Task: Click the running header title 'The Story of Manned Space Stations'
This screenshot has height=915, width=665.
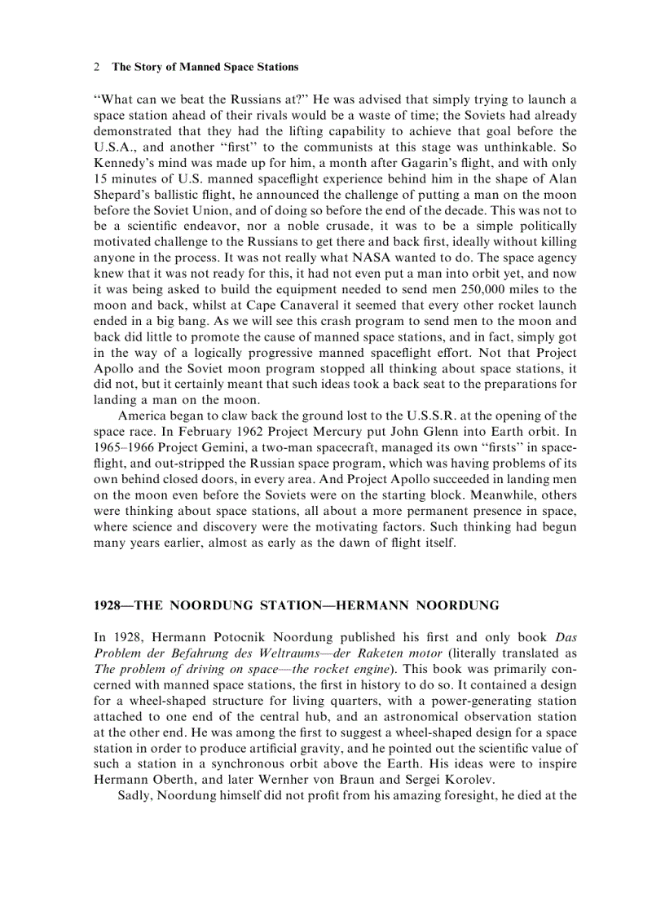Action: coord(205,67)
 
